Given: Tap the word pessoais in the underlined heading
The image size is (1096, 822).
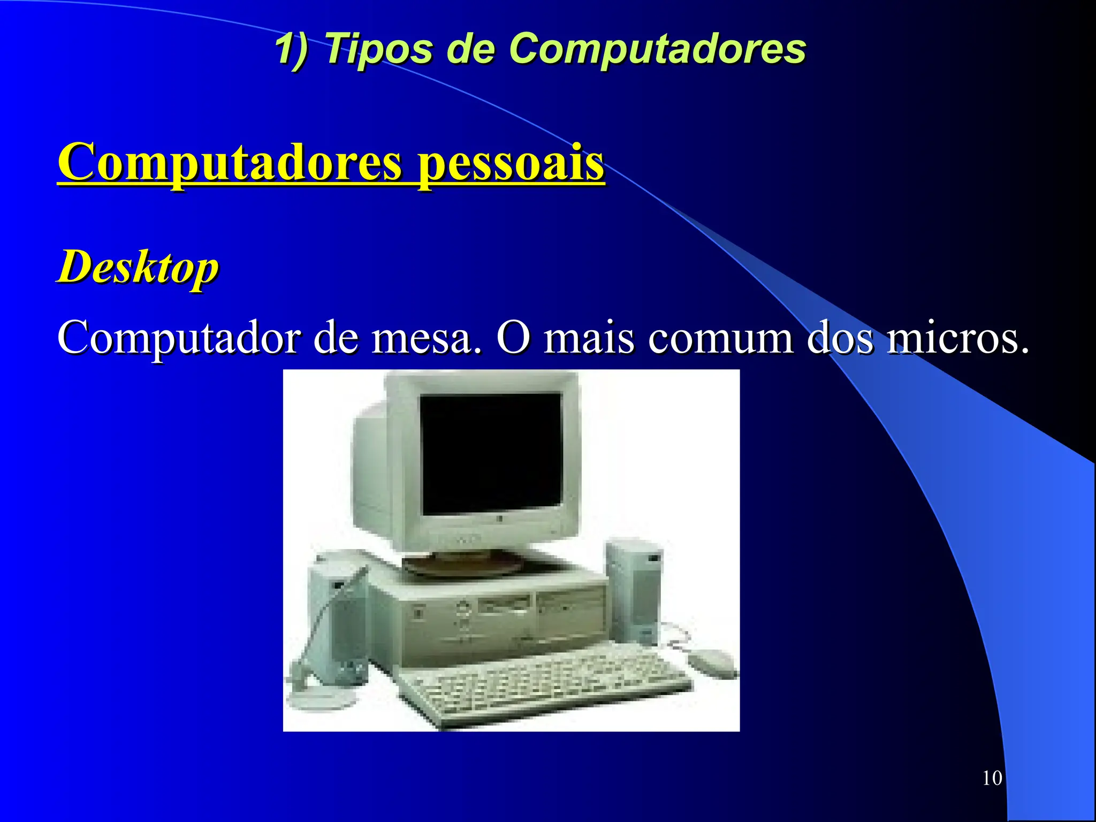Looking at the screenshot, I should point(511,163).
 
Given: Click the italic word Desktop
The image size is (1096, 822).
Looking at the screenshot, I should point(138,268).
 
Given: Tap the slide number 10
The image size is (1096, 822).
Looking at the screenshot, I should point(992,778).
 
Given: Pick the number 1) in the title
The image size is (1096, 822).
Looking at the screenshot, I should point(292,49).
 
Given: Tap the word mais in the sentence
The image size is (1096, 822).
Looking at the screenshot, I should point(589,339).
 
